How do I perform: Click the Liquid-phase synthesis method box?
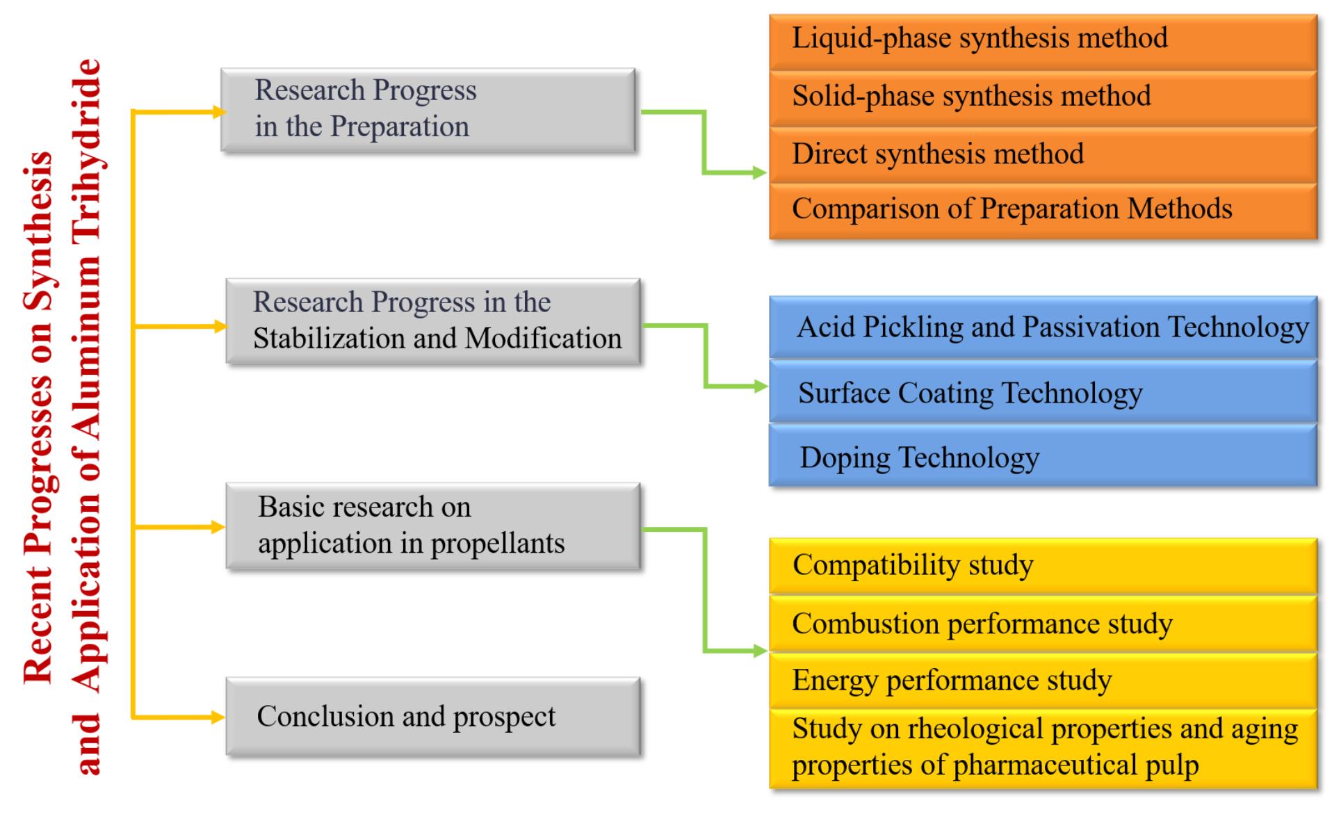[1043, 41]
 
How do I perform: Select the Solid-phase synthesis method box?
[1043, 98]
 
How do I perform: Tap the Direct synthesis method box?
[1043, 155]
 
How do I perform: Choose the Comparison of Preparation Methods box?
[1043, 211]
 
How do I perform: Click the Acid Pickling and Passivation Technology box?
[1043, 327]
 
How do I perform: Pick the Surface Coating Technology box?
[1043, 391]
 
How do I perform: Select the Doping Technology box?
[1043, 455]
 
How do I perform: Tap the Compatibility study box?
[1043, 566]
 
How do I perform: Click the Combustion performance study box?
[1043, 624]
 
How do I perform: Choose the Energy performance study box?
[1043, 681]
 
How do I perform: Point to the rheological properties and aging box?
[1043, 749]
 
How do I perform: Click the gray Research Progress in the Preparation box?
[428, 110]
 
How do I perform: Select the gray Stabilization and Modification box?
[433, 321]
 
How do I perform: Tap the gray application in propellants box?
[433, 526]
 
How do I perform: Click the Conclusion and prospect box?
[433, 717]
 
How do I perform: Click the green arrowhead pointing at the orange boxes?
[760, 172]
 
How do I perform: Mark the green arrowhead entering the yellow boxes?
[760, 651]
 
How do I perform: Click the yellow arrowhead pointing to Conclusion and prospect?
[218, 717]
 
